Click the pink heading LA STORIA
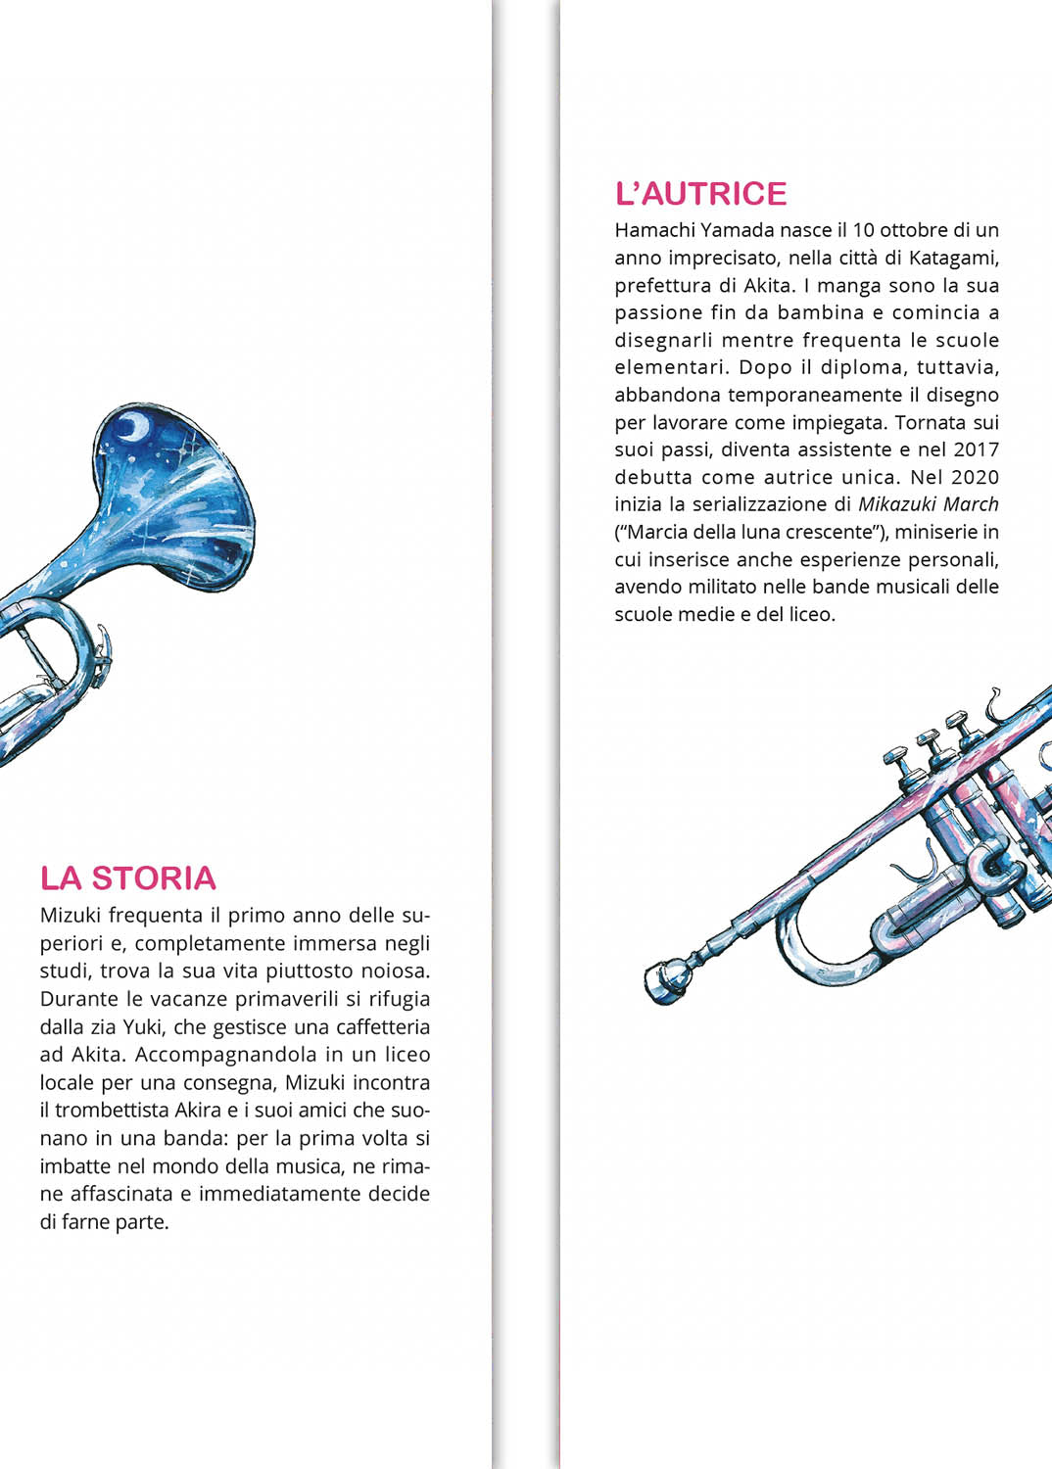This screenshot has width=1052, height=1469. pos(127,878)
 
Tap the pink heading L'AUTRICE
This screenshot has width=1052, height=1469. pos(700,194)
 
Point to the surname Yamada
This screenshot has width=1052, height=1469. pos(738,230)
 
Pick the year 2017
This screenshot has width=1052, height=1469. pos(976,450)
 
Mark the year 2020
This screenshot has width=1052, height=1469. pos(976,477)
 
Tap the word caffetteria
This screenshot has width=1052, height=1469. pos(383,1027)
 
